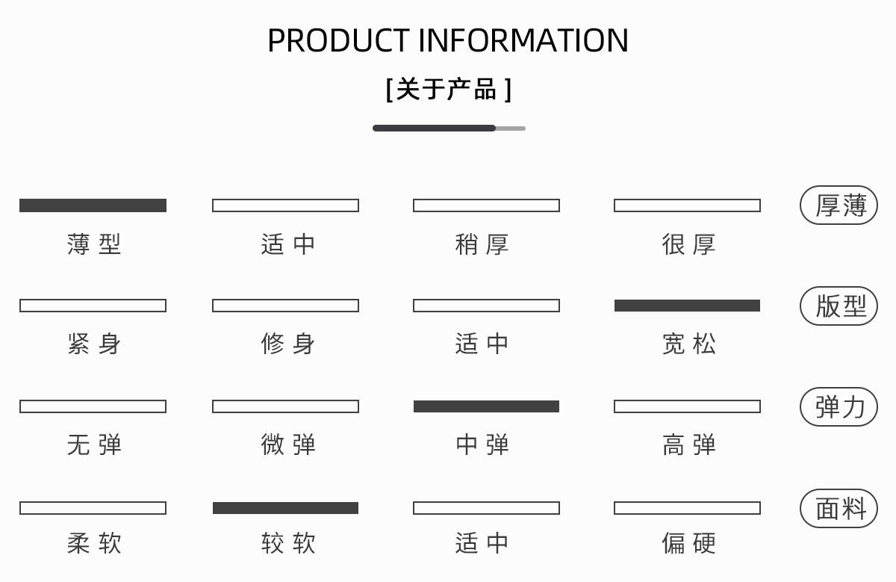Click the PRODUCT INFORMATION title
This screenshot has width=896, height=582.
[448, 40]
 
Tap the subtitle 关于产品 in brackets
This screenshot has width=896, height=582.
[448, 90]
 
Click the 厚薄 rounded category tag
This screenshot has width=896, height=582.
[839, 205]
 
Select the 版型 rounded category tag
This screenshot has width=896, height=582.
[839, 306]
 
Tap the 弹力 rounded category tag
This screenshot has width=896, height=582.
[839, 406]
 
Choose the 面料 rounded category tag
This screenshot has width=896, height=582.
[839, 508]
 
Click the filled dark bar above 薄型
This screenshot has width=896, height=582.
[93, 205]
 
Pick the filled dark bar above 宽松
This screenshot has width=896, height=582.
[687, 306]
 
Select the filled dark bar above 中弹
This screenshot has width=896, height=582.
[486, 406]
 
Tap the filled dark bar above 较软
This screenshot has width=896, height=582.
[285, 508]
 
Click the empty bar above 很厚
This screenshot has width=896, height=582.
[687, 205]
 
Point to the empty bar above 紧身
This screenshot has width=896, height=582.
[93, 306]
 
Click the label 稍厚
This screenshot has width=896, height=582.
[482, 244]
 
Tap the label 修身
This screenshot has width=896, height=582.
[288, 344]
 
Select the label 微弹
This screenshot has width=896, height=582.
[288, 445]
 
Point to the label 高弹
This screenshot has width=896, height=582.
[688, 445]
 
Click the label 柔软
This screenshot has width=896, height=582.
[94, 543]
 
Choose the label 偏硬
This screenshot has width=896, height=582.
[688, 543]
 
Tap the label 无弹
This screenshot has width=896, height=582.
[94, 445]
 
